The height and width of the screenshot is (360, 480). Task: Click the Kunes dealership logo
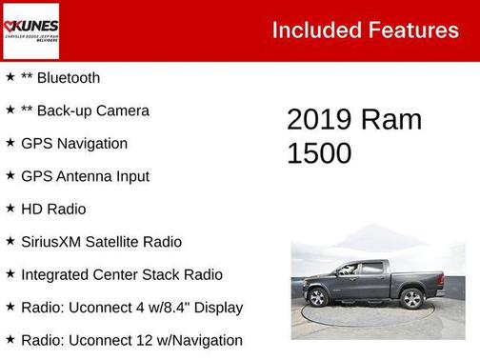coord(30,30)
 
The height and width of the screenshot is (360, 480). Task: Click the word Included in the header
coord(312,30)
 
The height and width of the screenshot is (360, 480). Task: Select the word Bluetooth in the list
coord(67,78)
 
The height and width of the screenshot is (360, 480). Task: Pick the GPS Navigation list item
coord(74,144)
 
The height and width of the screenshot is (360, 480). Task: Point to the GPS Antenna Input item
coord(85,176)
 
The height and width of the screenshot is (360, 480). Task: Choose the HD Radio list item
coord(53,209)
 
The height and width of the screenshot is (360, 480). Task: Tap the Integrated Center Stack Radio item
coord(122,274)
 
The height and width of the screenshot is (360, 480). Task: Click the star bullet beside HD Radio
coord(10,209)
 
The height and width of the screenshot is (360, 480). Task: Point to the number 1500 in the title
coord(320,153)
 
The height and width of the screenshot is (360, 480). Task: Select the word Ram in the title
coord(391,120)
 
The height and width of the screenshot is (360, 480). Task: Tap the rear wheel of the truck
coord(411,299)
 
